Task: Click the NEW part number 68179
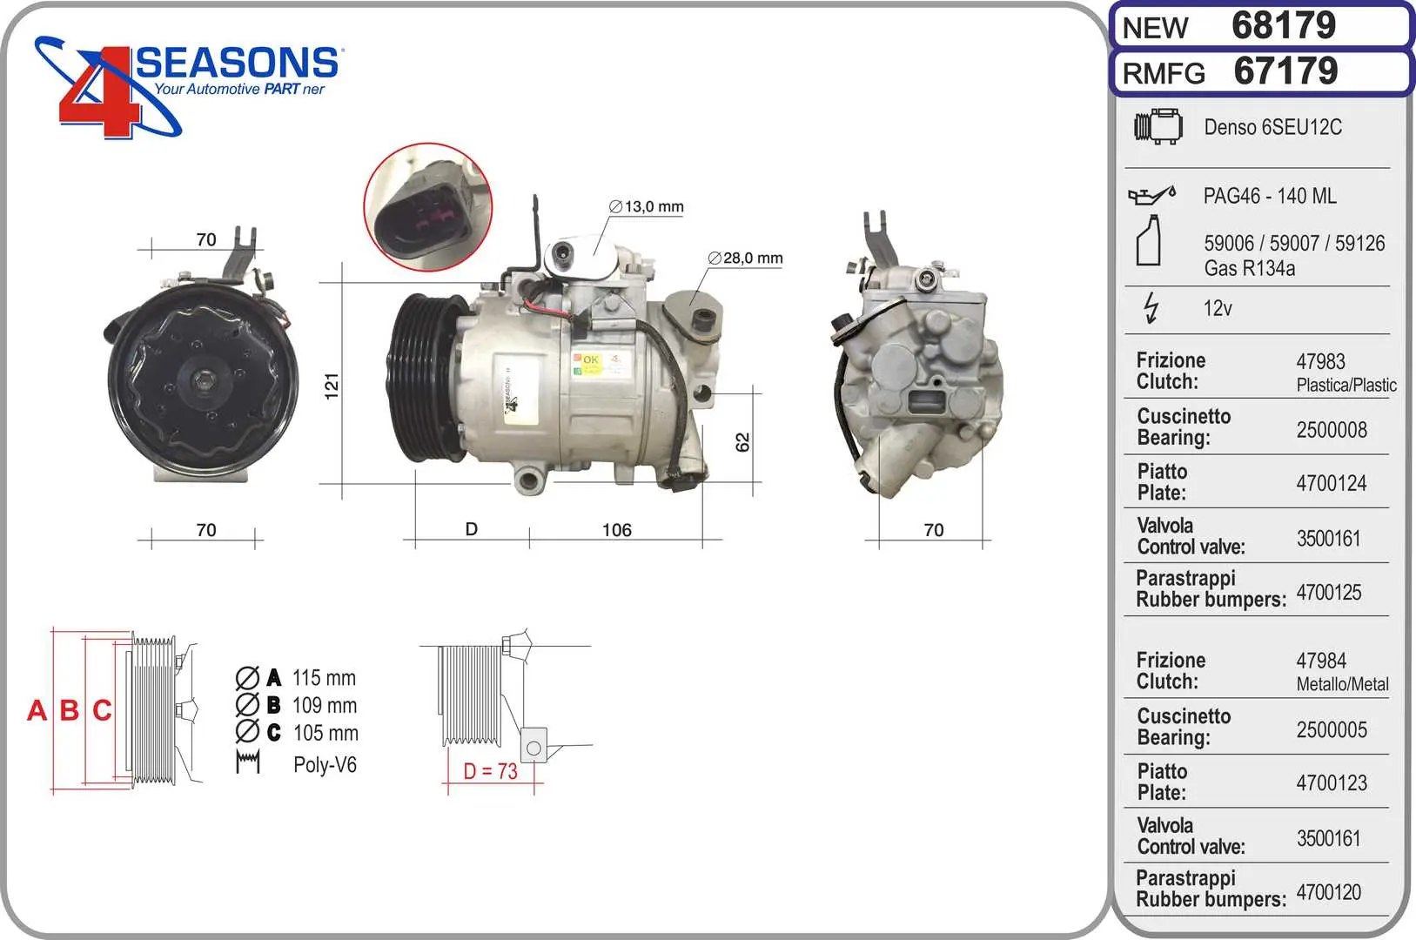pyautogui.click(x=1283, y=25)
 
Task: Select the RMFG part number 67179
pyautogui.click(x=1285, y=70)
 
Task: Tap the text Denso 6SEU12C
pyautogui.click(x=1272, y=127)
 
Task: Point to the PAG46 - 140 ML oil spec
pyautogui.click(x=1269, y=196)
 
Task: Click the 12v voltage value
pyautogui.click(x=1218, y=308)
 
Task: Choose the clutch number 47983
pyautogui.click(x=1320, y=361)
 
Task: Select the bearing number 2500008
pyautogui.click(x=1332, y=430)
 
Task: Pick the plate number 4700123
pyautogui.click(x=1332, y=783)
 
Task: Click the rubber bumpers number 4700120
pyautogui.click(x=1329, y=892)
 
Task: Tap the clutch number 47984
pyautogui.click(x=1320, y=661)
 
